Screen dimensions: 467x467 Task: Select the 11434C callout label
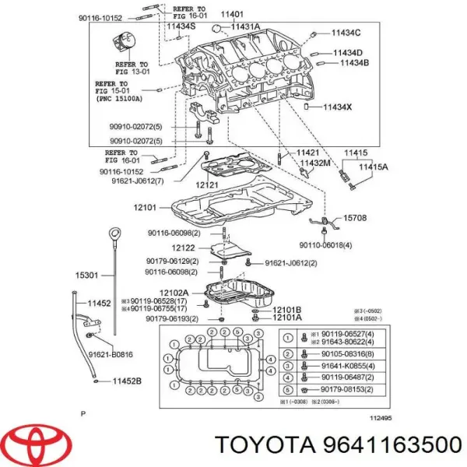coord(346,33)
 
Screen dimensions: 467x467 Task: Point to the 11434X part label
coord(338,107)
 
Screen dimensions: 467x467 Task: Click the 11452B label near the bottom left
coord(125,381)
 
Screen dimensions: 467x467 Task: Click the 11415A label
coord(373,167)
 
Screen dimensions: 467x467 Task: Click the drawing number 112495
coord(381,417)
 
